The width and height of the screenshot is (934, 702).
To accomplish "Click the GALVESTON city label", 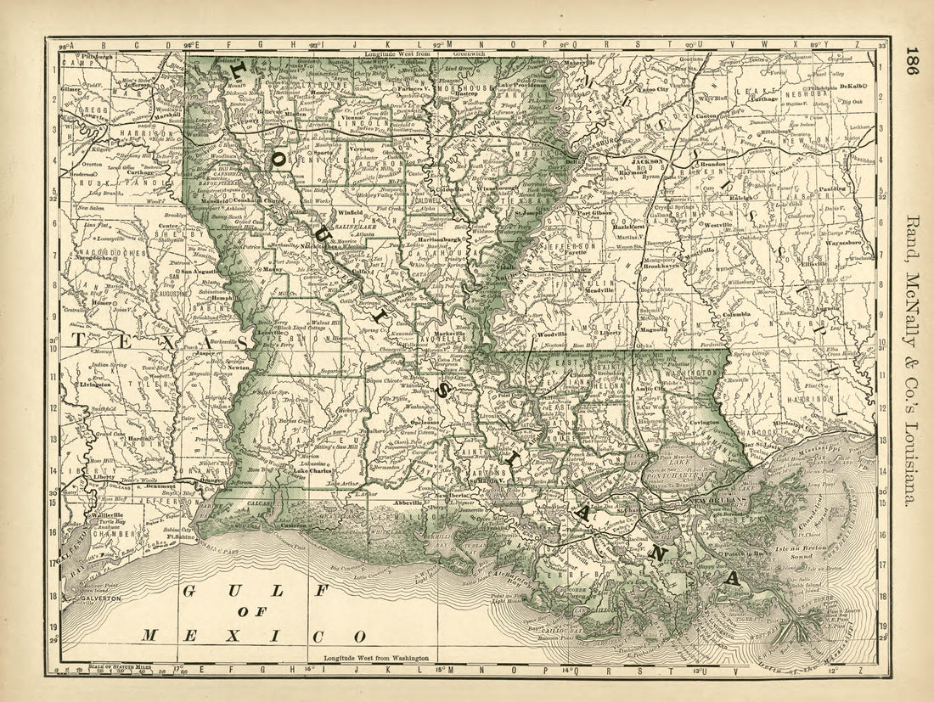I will pos(95,599).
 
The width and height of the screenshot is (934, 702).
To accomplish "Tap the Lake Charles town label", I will pos(312,471).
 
